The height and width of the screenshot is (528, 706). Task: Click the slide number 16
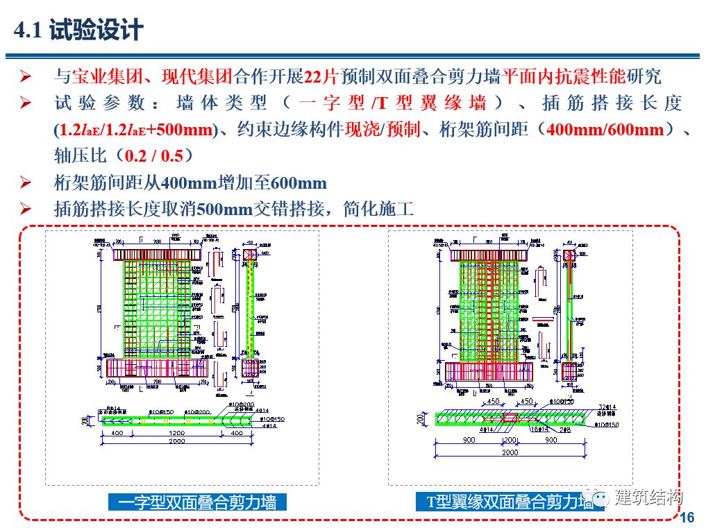tap(688, 517)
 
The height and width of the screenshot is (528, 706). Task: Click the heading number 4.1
tap(29, 30)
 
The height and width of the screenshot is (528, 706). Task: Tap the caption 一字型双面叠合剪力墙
tap(197, 502)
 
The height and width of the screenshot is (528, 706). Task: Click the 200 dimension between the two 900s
tap(510, 439)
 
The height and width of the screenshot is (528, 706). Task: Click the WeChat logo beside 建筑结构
tap(598, 497)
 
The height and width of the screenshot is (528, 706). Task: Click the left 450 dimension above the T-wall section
tap(494, 402)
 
